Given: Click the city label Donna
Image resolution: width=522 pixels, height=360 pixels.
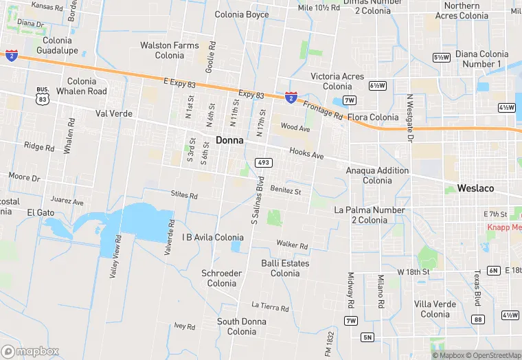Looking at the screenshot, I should pyautogui.click(x=229, y=139).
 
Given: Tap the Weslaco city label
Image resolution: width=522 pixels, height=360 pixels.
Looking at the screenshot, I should pyautogui.click(x=476, y=188).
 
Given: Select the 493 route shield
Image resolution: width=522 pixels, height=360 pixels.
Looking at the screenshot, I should pyautogui.click(x=263, y=163).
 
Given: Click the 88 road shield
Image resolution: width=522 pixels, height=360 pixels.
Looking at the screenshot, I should pyautogui.click(x=478, y=319).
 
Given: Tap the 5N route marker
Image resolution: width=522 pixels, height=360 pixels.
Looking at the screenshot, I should pyautogui.click(x=367, y=337).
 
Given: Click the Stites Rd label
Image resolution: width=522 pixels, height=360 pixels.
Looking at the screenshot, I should pyautogui.click(x=184, y=195).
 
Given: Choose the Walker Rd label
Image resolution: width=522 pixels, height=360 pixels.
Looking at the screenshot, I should pyautogui.click(x=292, y=244).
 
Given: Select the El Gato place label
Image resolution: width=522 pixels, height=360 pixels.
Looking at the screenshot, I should pyautogui.click(x=41, y=213).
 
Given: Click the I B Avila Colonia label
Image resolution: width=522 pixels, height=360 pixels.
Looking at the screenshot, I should pyautogui.click(x=212, y=237).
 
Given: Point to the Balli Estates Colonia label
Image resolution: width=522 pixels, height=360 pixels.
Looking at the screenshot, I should pyautogui.click(x=285, y=268).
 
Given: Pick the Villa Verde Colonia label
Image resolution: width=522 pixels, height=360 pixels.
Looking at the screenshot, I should pyautogui.click(x=435, y=309).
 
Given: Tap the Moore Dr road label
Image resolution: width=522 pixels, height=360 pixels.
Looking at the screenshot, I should pyautogui.click(x=24, y=177).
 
